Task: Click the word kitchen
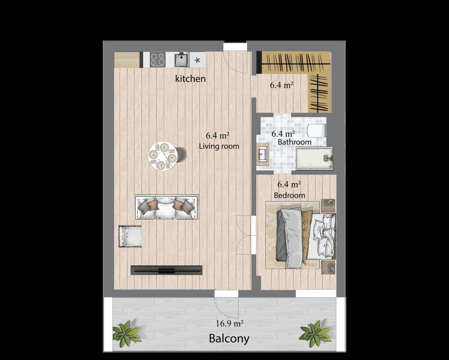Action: [x=190, y=79]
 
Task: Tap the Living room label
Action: [x=219, y=146]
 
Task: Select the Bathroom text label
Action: [x=294, y=142]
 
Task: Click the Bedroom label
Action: [x=289, y=195]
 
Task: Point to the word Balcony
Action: [x=229, y=338]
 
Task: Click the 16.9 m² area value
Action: [x=229, y=323]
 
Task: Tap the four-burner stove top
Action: [x=158, y=60]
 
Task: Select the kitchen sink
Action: [x=182, y=60]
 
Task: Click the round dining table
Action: [x=162, y=156]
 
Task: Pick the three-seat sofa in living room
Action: [x=167, y=208]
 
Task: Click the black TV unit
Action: [x=167, y=270]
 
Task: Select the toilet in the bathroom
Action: [x=316, y=131]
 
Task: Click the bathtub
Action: [x=314, y=158]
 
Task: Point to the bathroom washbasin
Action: [x=262, y=154]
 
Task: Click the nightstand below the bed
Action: [x=328, y=267]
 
